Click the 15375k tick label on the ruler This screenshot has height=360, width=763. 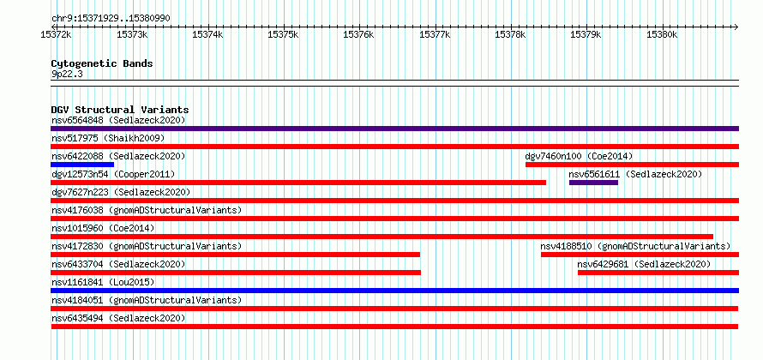click(283, 35)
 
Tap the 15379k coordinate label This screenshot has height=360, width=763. click(586, 35)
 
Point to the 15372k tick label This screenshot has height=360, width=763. click(57, 35)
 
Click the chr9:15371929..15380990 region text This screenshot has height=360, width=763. click(111, 19)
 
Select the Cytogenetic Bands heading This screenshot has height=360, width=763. click(102, 63)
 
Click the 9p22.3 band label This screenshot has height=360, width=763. click(66, 75)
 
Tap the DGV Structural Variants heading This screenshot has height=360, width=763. click(120, 110)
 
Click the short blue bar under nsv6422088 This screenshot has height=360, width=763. click(82, 165)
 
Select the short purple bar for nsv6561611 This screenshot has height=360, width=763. click(593, 183)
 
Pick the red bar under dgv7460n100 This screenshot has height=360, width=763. click(632, 165)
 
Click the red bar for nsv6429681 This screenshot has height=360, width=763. click(658, 273)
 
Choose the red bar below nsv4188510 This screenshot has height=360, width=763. click(640, 255)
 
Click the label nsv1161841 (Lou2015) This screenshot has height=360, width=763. click(103, 282)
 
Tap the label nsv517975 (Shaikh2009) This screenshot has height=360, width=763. click(108, 138)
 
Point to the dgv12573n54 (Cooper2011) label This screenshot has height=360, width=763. click(113, 174)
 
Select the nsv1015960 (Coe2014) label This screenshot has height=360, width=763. click(103, 228)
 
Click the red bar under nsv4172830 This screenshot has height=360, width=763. click(236, 255)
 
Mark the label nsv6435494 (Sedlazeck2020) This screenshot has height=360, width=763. click(118, 318)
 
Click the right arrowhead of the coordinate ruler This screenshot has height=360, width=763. click(736, 27)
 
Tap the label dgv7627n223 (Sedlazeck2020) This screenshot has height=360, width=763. click(121, 192)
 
